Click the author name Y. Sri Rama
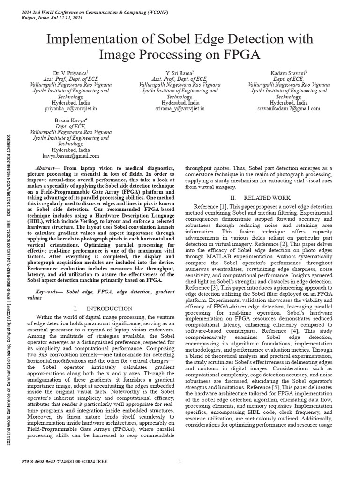180,74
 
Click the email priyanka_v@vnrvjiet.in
71,108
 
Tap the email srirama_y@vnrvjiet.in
180,108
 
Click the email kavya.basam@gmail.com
71,155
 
